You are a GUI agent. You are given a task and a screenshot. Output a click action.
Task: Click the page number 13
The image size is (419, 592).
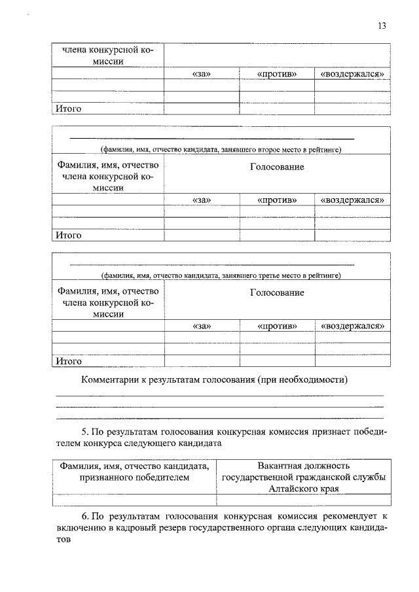382,26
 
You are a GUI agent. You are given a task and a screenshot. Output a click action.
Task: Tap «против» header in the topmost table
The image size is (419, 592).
277,74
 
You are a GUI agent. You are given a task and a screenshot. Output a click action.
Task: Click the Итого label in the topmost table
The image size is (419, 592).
68,109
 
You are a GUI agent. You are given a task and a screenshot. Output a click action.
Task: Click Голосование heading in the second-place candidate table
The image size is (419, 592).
277,167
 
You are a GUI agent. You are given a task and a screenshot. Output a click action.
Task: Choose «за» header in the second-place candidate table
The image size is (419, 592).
202,200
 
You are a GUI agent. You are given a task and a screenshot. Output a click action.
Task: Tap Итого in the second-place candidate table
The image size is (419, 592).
68,235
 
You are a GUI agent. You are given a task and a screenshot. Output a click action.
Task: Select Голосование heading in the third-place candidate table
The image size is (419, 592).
277,292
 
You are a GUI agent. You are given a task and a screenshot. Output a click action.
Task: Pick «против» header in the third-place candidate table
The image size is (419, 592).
277,325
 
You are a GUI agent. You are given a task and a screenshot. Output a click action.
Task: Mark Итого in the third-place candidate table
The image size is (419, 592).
68,360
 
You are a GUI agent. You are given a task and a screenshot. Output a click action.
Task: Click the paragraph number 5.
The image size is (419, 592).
84,432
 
